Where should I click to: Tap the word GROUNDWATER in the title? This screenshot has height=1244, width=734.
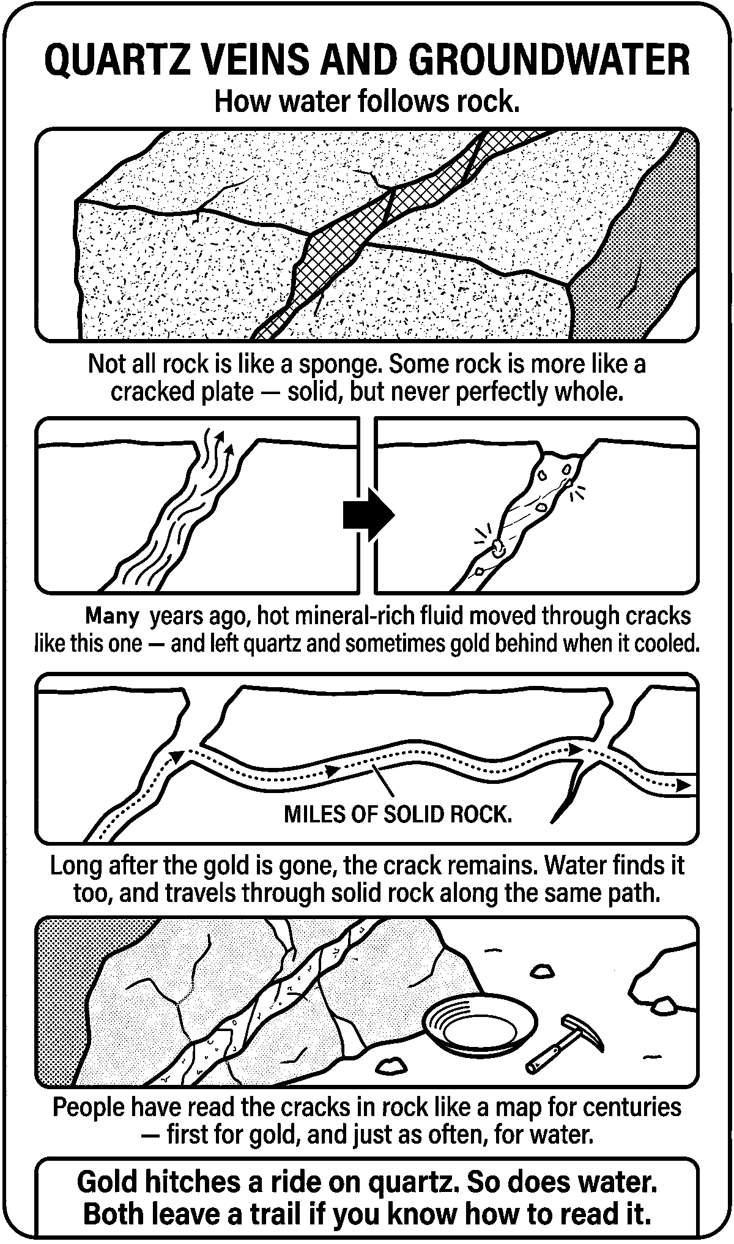(x=550, y=61)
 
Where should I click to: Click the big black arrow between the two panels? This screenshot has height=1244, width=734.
(x=368, y=514)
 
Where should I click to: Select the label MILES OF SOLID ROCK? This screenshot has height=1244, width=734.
(x=398, y=814)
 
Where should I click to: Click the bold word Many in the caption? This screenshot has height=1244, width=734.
(x=112, y=615)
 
